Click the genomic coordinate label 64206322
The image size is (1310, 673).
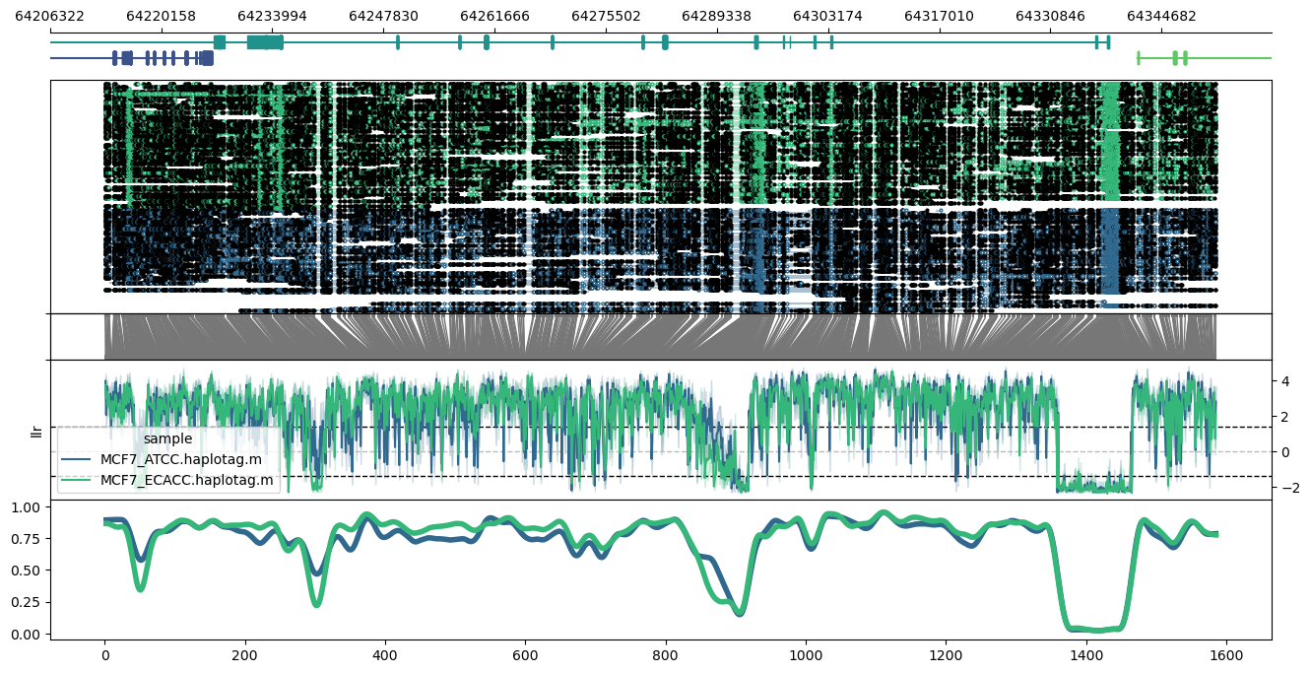[x=50, y=16]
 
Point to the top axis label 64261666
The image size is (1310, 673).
[x=494, y=16]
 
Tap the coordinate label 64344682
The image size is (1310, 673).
[x=1161, y=16]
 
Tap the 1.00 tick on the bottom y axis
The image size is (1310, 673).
[x=29, y=506]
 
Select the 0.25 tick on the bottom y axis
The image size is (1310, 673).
[x=29, y=602]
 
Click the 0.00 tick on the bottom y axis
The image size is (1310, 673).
[x=29, y=634]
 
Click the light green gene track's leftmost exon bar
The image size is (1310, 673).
[x=1139, y=58]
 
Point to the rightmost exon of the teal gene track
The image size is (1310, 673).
[x=1108, y=42]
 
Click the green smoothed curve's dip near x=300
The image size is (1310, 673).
[x=316, y=604]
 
